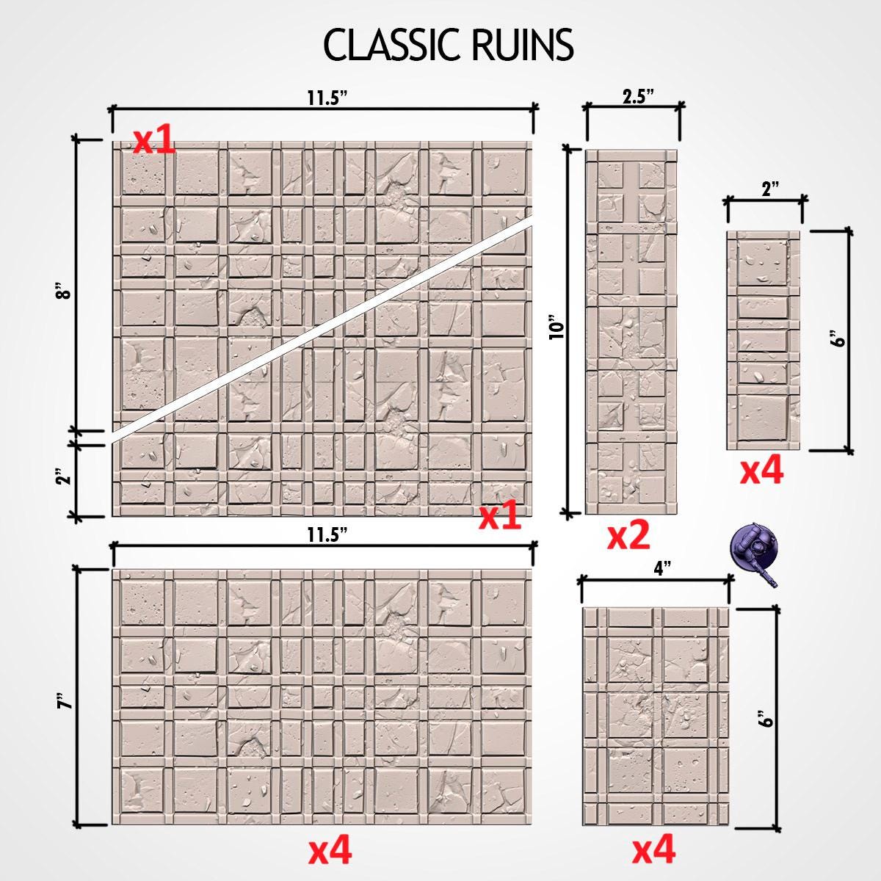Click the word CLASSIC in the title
(x=391, y=45)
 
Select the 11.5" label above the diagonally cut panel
(x=327, y=99)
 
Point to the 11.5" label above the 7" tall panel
(x=327, y=535)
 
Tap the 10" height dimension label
(x=557, y=327)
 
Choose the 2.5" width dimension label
(x=638, y=97)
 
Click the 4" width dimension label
(x=661, y=570)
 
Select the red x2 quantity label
(x=628, y=536)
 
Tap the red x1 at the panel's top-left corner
(x=154, y=140)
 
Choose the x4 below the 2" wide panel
(x=761, y=471)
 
